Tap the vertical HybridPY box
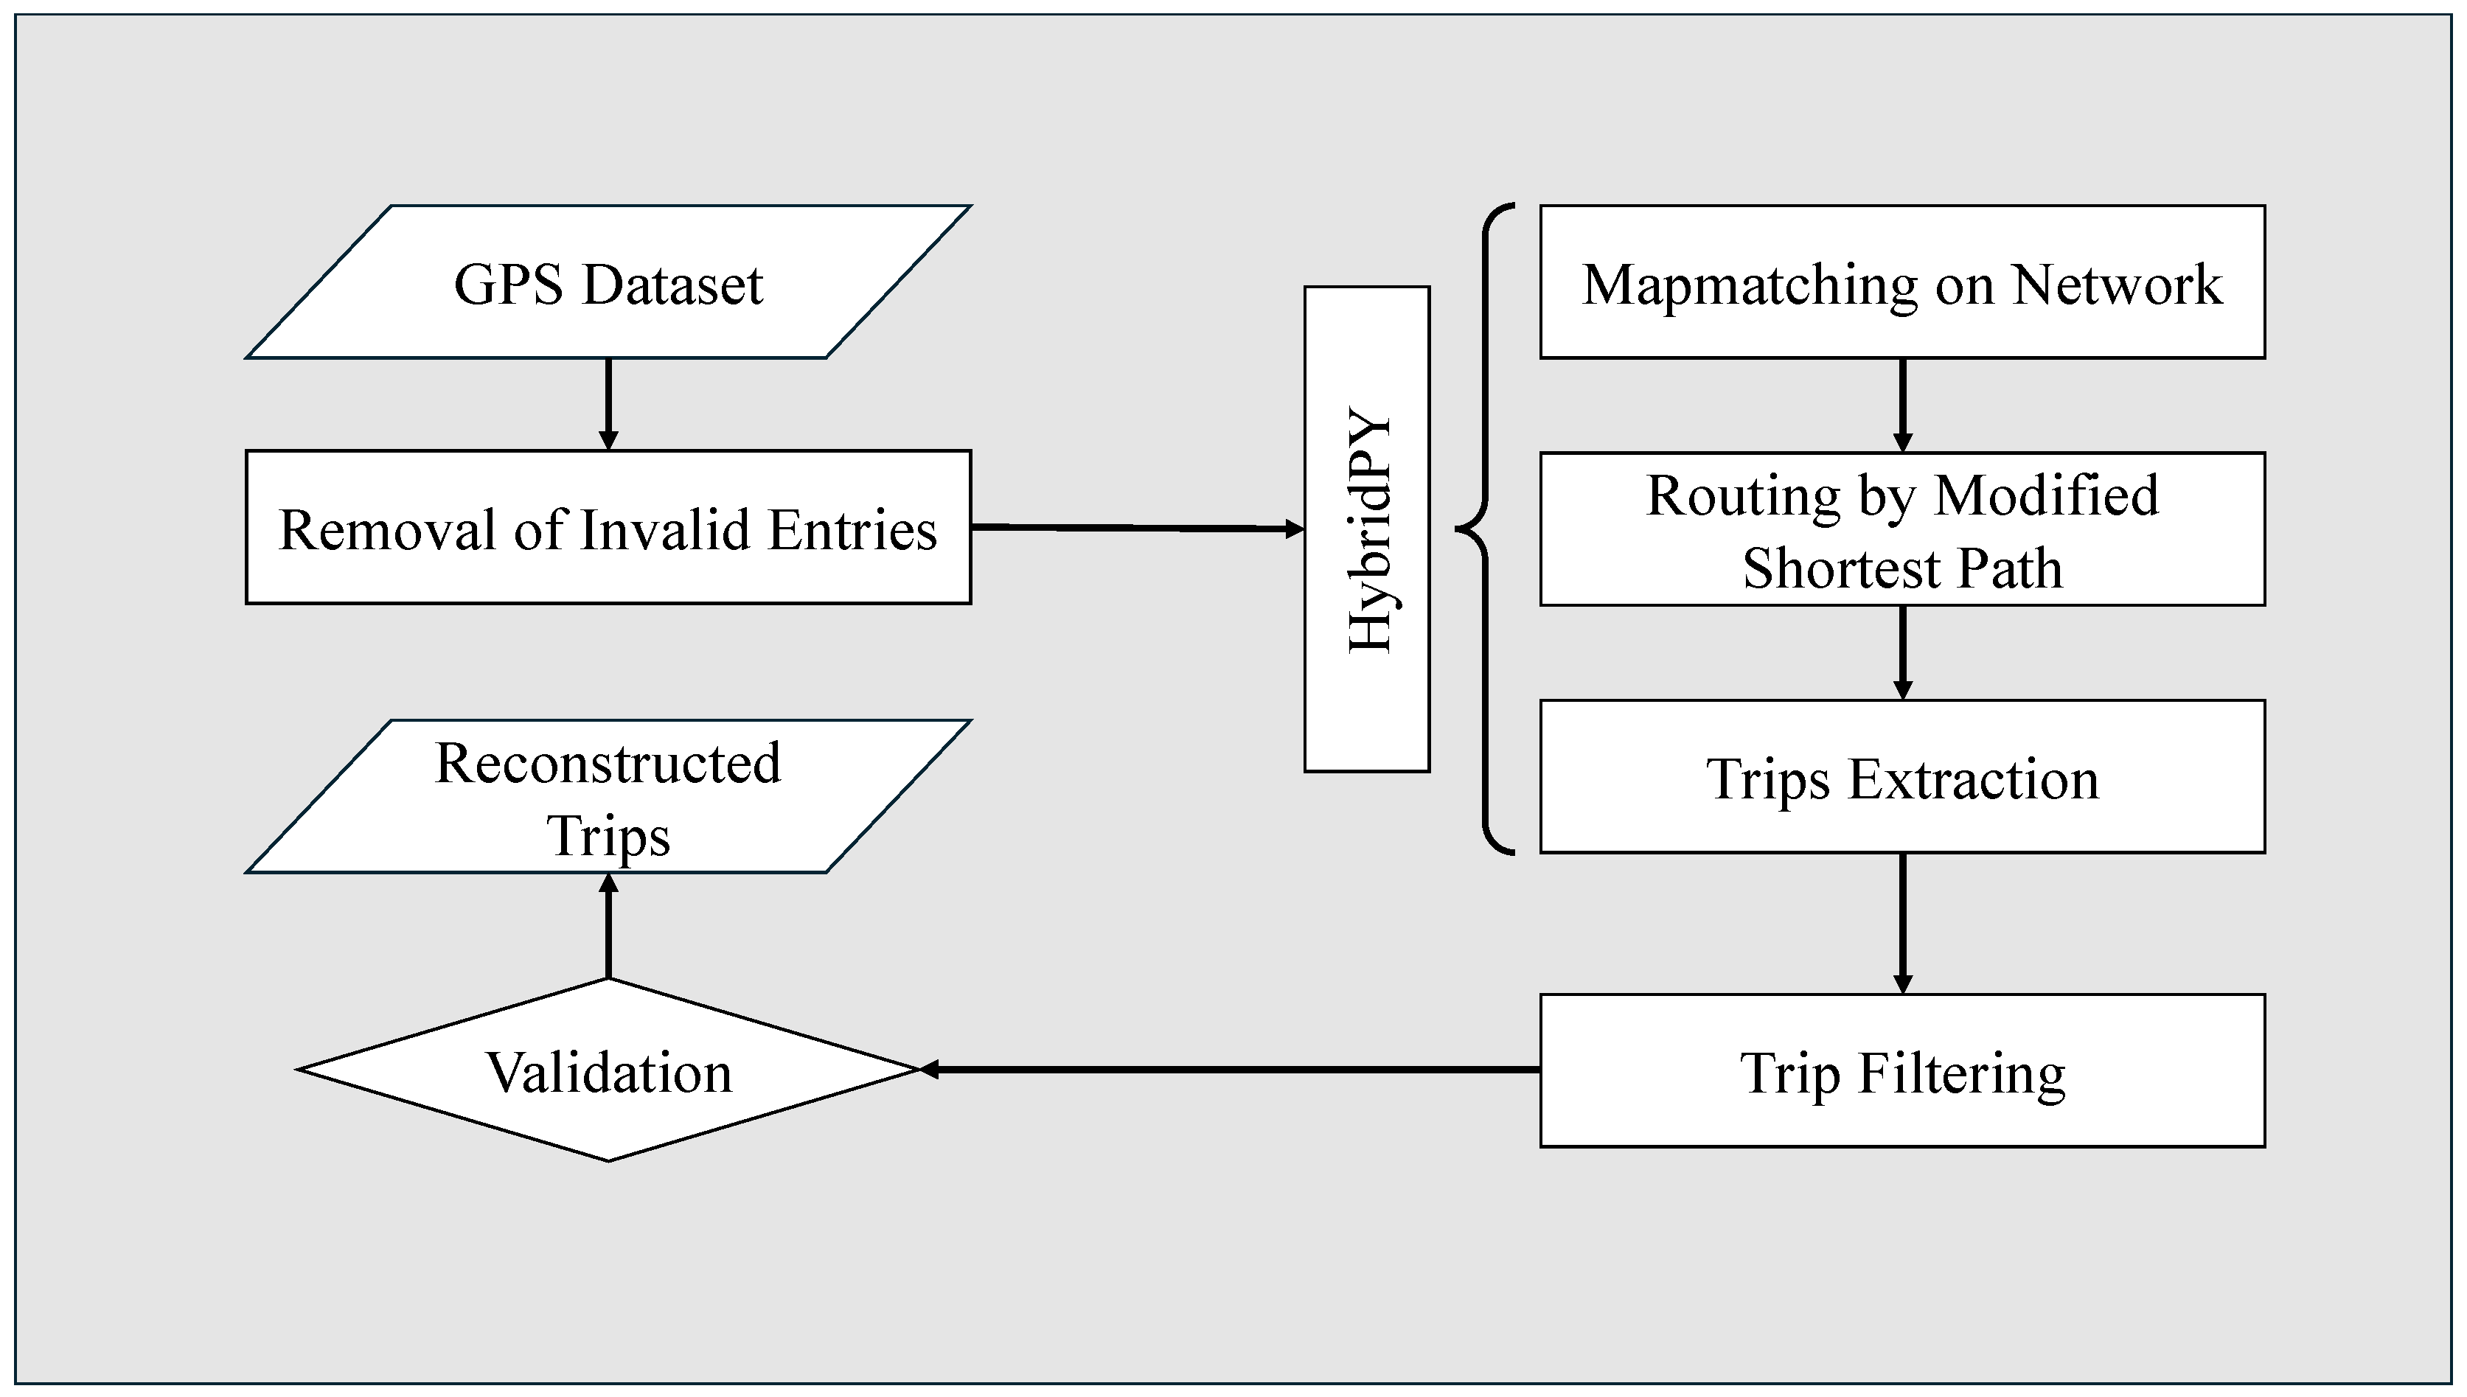(x=1366, y=529)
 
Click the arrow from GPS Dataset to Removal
(x=608, y=404)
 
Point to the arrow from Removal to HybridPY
(x=1137, y=527)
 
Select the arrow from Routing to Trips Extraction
(x=1903, y=652)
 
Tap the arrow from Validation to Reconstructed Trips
(x=608, y=926)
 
